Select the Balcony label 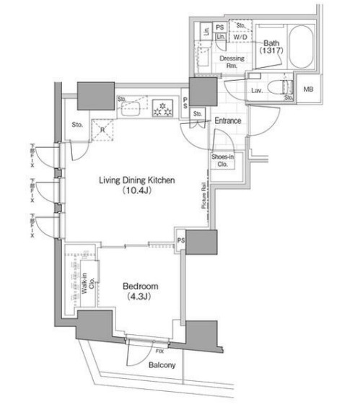[x=162, y=366]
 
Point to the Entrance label [x=227, y=121]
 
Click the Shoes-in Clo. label [x=223, y=160]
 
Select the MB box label [x=308, y=89]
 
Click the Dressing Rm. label [x=232, y=63]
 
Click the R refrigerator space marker [x=102, y=130]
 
